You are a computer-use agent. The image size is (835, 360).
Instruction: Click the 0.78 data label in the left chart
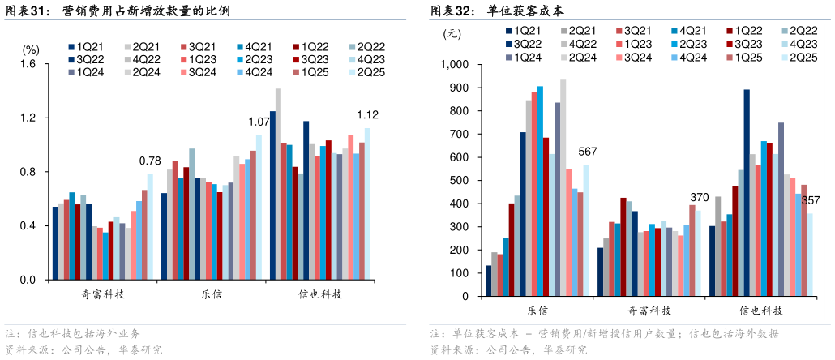[x=150, y=160]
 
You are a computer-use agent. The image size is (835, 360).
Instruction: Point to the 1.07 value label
[x=259, y=122]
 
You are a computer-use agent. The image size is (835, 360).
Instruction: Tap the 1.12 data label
[x=368, y=114]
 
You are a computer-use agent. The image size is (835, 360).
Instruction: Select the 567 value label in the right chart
[x=588, y=152]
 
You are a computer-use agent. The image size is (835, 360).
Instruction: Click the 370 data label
[x=700, y=197]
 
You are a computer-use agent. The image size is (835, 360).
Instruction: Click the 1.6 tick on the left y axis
[x=27, y=64]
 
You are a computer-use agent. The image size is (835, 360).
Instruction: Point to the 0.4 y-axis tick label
[x=27, y=226]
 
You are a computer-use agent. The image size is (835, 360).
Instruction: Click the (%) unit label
[x=31, y=49]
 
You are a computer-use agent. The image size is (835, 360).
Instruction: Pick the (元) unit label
[x=452, y=34]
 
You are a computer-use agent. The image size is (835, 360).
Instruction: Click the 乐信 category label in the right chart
[x=537, y=311]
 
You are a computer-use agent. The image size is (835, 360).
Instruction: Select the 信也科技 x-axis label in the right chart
[x=761, y=311]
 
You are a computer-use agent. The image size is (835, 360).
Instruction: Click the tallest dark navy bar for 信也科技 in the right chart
[x=747, y=185]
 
